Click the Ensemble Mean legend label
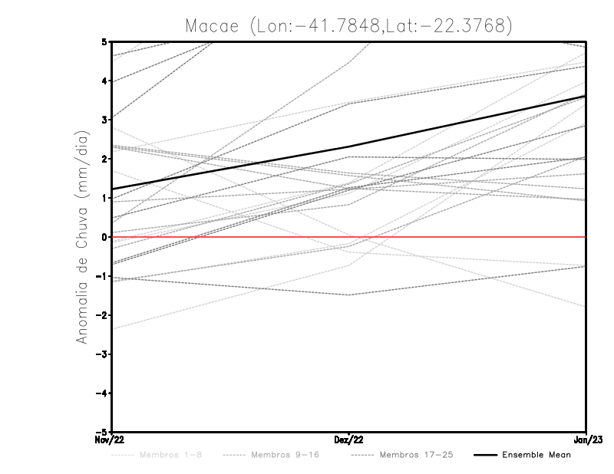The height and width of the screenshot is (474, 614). tap(536, 455)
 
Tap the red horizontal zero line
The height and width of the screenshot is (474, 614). tap(460, 237)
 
